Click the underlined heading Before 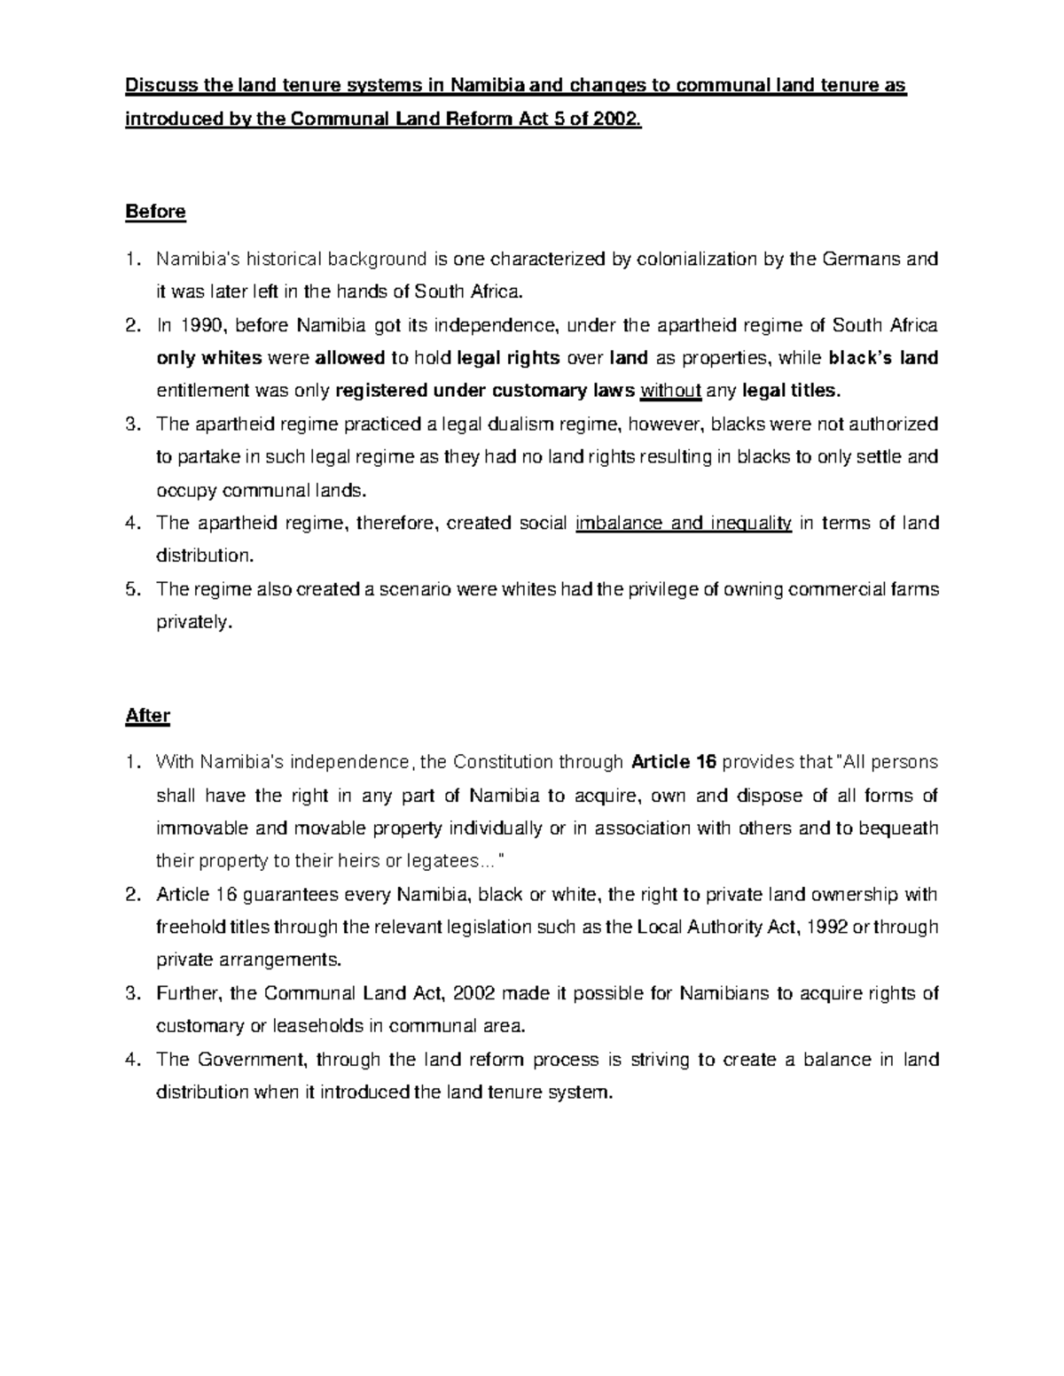[x=155, y=212]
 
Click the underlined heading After [x=147, y=715]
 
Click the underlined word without [x=670, y=391]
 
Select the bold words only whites [x=209, y=358]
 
